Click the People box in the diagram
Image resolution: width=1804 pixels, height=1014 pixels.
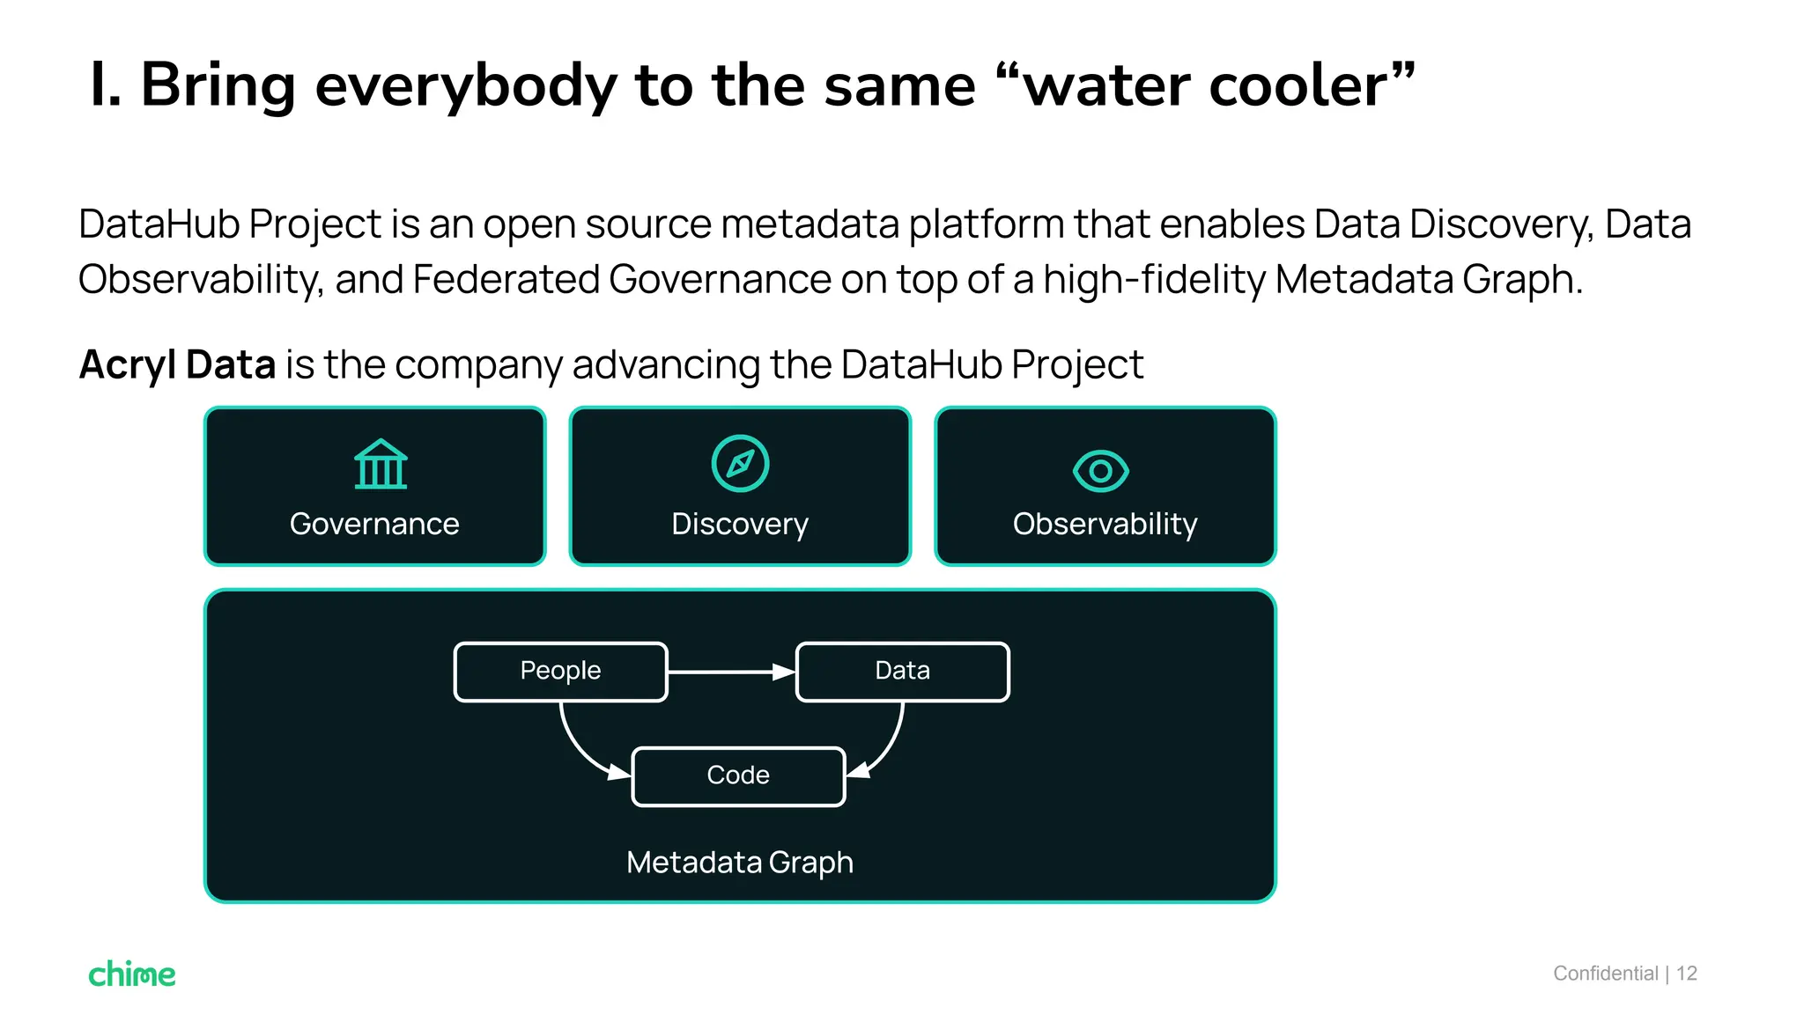coord(560,672)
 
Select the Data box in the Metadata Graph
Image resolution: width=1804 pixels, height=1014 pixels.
coord(902,672)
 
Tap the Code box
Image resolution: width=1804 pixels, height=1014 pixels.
coord(738,775)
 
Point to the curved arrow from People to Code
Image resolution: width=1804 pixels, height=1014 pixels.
coord(578,748)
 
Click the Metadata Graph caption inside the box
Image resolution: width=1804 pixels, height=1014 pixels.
coord(739,863)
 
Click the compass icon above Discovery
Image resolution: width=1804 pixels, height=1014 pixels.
coord(740,463)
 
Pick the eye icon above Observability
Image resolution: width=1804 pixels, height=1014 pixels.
coord(1100,471)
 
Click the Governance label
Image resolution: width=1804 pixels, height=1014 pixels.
coord(374,525)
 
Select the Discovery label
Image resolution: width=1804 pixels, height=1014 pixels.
coord(739,525)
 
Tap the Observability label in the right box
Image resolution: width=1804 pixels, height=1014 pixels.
coord(1105,525)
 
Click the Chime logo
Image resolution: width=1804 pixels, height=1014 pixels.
coord(132,974)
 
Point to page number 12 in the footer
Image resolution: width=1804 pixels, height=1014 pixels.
coord(1686,974)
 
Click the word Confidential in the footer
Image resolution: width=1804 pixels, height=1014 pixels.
coord(1605,974)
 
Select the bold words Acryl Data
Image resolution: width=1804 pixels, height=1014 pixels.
coord(177,364)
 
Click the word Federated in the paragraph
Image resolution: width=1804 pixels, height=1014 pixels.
coord(506,280)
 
